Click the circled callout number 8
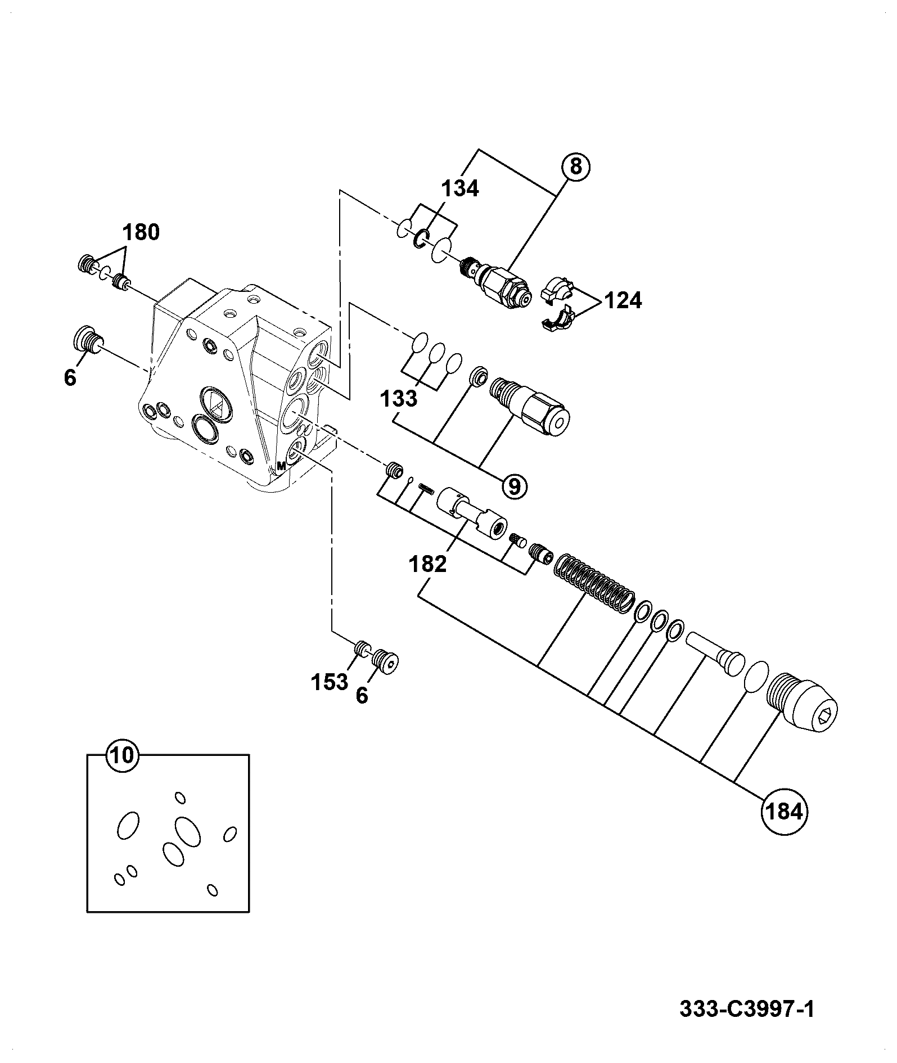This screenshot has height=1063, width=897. click(x=574, y=166)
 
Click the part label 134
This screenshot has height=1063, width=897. click(x=459, y=189)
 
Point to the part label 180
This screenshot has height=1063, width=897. click(x=141, y=232)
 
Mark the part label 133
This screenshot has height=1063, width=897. click(x=398, y=399)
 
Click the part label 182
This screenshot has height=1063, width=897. click(x=428, y=564)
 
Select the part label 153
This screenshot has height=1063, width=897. click(x=330, y=682)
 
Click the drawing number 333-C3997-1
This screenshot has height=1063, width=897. click(x=747, y=1008)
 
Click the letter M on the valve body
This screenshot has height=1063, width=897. click(x=281, y=466)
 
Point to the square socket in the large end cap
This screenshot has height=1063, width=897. click(x=824, y=717)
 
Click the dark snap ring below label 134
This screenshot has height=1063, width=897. click(x=421, y=240)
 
